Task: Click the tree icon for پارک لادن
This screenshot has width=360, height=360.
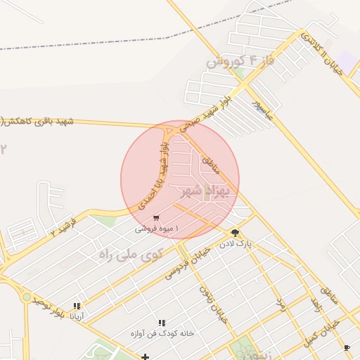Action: click(x=235, y=232)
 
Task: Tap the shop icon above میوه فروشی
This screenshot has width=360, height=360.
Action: click(x=155, y=218)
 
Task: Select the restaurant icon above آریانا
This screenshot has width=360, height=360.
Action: click(x=77, y=306)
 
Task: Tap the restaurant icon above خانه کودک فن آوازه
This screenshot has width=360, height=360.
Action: click(x=162, y=323)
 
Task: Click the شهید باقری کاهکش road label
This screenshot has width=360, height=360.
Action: click(x=38, y=121)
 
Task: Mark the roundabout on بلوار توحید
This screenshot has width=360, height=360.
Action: click(x=27, y=297)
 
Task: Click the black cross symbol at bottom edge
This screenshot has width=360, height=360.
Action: click(x=145, y=356)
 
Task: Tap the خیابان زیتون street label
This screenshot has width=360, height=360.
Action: click(x=213, y=303)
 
